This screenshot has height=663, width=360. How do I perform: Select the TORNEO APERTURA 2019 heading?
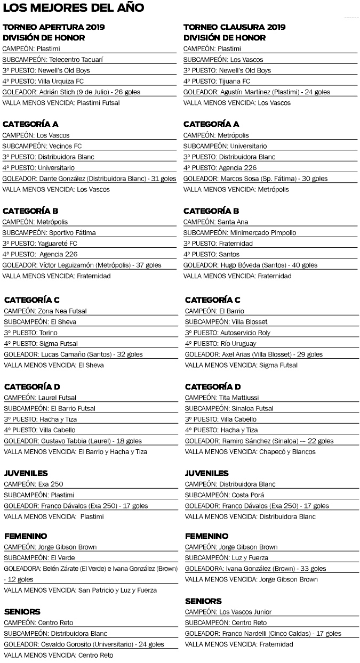tap(54, 27)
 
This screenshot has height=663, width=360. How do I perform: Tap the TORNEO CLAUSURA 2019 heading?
tap(235, 27)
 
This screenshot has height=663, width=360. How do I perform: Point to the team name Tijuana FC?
tap(234, 81)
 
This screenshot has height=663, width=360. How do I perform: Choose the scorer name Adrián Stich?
tap(57, 92)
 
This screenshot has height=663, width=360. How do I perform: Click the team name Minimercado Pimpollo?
tap(263, 233)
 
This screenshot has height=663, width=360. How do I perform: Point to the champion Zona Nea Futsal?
tap(62, 311)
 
